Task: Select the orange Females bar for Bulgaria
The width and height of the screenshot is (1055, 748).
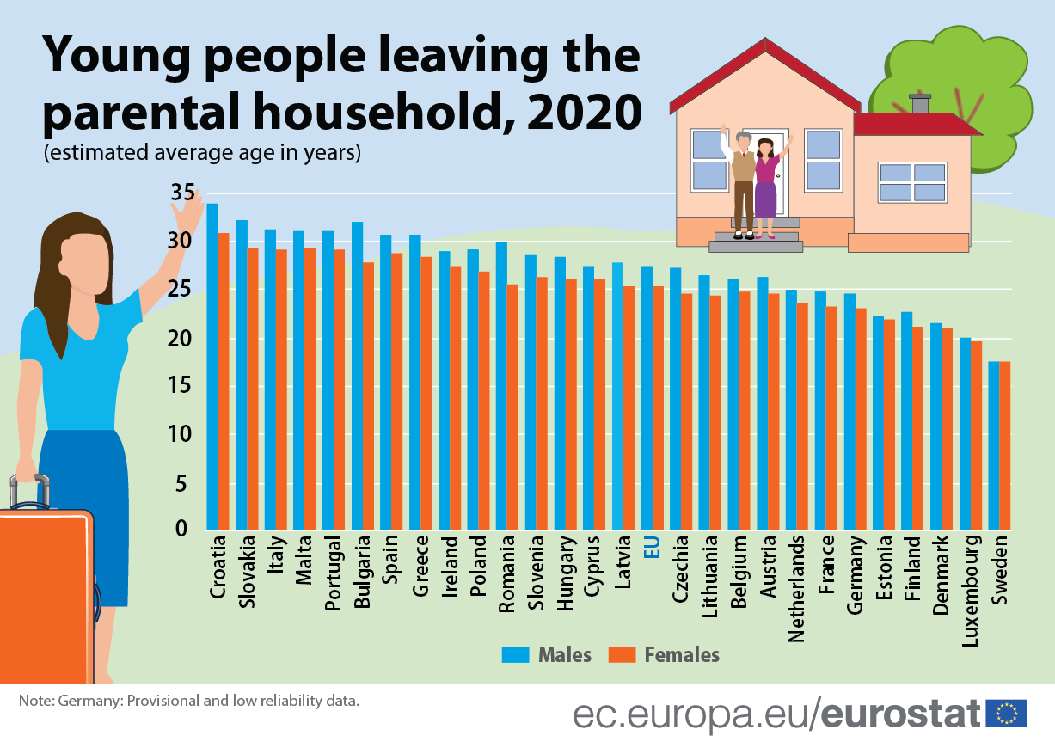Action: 368,395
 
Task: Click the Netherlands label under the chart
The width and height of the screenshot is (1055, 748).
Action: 797,589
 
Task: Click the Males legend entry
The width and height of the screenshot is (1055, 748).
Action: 547,654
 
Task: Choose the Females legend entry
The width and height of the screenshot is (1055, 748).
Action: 663,654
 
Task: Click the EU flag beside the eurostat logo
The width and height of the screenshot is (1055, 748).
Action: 1007,713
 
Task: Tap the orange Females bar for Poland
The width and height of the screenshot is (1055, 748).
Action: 484,400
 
